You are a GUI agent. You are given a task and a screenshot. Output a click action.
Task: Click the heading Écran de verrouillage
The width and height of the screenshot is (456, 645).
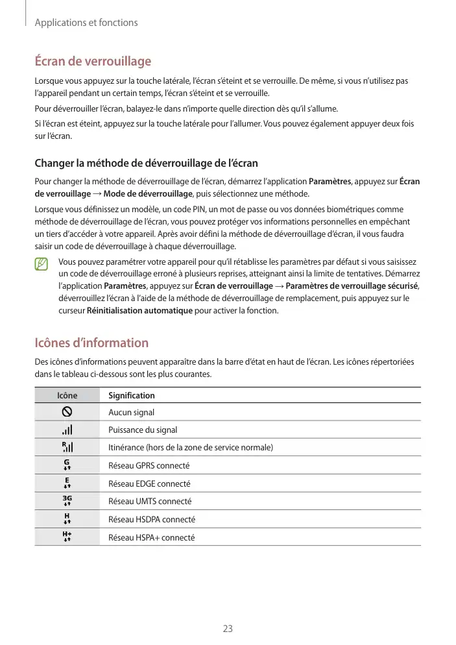point(92,62)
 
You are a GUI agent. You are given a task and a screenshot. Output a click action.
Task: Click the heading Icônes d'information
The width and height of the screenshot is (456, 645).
point(91,343)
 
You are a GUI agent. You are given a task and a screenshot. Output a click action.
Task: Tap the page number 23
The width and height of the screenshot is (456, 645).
point(228,628)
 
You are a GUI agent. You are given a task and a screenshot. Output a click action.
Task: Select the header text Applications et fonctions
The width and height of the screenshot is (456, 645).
point(86,23)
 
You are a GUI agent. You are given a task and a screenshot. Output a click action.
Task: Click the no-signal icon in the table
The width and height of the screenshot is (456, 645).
point(67,411)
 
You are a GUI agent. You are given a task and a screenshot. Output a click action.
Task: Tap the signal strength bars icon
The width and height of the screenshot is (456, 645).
point(67,430)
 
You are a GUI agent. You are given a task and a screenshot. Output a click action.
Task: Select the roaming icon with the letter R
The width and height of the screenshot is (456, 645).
point(67,447)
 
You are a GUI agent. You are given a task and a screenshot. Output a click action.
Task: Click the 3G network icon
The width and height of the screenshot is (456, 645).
point(67,501)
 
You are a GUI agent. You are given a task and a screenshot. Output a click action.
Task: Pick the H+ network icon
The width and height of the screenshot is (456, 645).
point(67,537)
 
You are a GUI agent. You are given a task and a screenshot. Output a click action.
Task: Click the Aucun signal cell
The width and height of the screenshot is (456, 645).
point(131,412)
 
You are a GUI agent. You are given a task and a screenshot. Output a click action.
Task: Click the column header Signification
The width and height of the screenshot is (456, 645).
point(132,395)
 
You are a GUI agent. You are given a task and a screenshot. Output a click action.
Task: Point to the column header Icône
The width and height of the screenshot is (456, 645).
point(67,395)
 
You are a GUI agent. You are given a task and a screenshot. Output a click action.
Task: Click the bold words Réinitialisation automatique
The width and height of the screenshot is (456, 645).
point(139,310)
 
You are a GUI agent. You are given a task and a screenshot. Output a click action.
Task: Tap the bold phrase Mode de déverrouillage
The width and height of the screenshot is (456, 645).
point(147,193)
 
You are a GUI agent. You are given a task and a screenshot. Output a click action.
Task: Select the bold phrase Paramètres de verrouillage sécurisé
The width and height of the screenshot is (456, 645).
point(352,287)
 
